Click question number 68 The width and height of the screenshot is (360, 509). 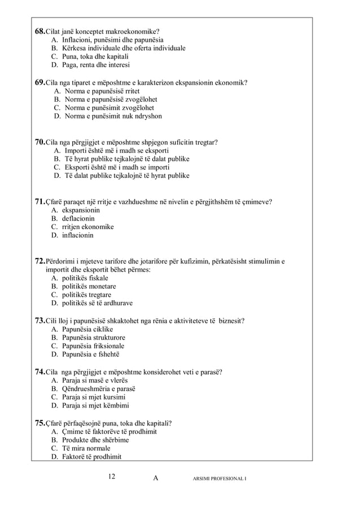(x=41, y=30)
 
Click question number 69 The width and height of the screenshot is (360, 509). (x=41, y=82)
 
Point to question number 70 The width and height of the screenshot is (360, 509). (x=41, y=142)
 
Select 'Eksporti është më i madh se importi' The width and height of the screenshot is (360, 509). (x=116, y=167)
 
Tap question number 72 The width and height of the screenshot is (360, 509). (x=41, y=261)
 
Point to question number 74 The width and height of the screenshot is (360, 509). (x=41, y=372)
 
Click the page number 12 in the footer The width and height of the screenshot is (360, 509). (x=112, y=477)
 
